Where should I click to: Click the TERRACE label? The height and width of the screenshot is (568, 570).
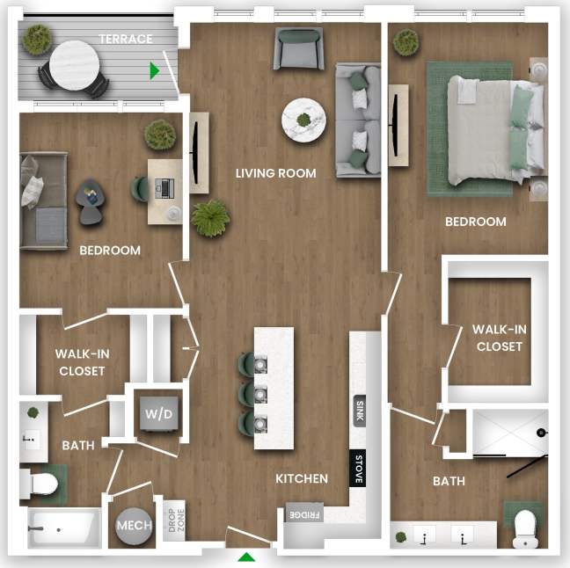[x=125, y=39]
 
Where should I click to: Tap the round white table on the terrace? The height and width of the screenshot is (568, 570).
[x=74, y=65]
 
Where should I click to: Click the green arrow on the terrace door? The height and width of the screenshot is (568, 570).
[x=156, y=70]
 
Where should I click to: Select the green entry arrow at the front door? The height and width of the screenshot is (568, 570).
[x=247, y=556]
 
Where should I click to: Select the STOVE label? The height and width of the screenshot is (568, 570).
[x=358, y=467]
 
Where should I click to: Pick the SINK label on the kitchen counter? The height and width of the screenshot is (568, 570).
[x=359, y=411]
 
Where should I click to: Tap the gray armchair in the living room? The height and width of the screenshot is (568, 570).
[x=298, y=48]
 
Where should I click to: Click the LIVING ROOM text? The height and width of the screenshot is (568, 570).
[x=275, y=173]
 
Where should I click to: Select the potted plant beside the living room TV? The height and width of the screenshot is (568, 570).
[x=210, y=217]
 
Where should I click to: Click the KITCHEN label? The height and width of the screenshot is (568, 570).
[x=302, y=479]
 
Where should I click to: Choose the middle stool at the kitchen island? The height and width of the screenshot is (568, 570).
[x=249, y=392]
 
